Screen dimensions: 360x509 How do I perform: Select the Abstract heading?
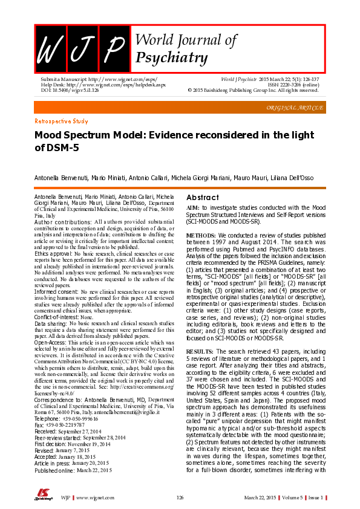[203, 198]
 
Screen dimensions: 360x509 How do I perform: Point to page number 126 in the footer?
[180, 497]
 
